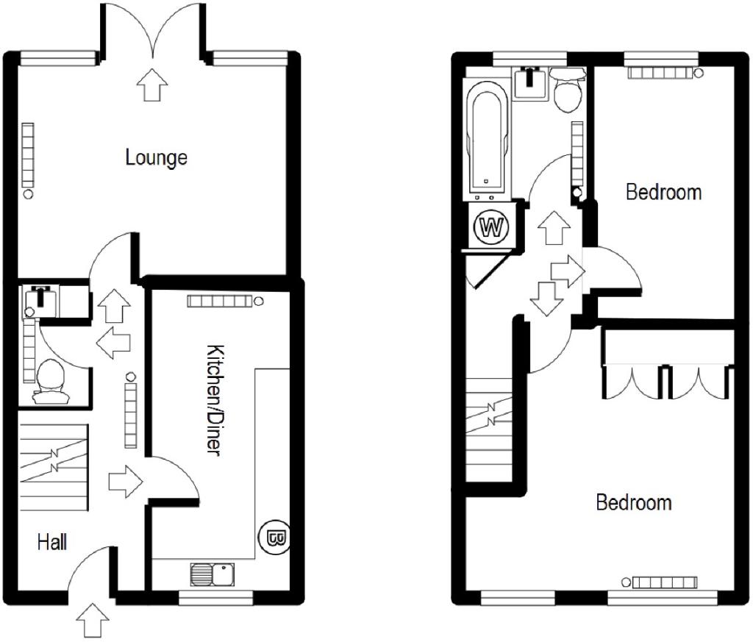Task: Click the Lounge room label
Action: (x=156, y=157)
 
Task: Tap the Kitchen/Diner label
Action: (x=214, y=399)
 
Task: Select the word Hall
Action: (x=52, y=543)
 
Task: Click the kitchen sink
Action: (x=213, y=574)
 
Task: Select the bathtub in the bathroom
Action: (x=488, y=140)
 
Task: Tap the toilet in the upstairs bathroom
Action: (x=568, y=90)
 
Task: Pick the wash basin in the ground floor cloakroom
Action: (x=42, y=301)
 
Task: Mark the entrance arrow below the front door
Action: (x=93, y=621)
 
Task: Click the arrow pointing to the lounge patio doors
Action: (x=152, y=85)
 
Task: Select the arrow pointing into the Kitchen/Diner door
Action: (x=126, y=481)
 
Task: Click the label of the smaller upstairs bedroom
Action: (x=664, y=192)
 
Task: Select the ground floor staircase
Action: (x=53, y=467)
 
